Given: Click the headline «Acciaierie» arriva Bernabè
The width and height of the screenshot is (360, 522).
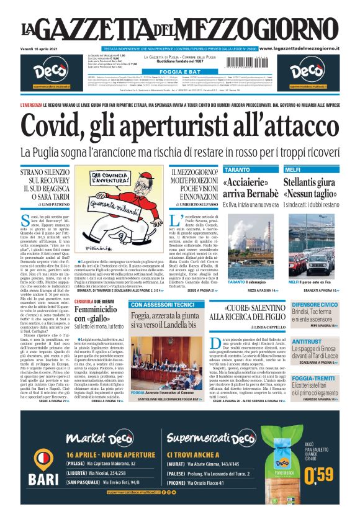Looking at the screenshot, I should coord(250,188).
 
